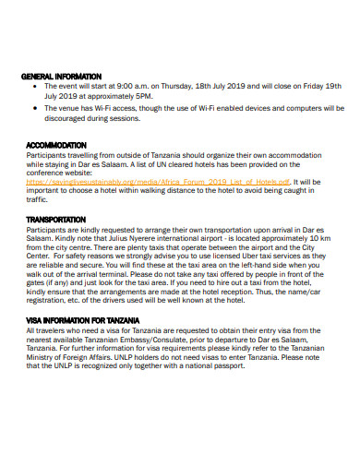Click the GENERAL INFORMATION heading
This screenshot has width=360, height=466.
pos(64,77)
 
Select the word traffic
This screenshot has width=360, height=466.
pos(38,200)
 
